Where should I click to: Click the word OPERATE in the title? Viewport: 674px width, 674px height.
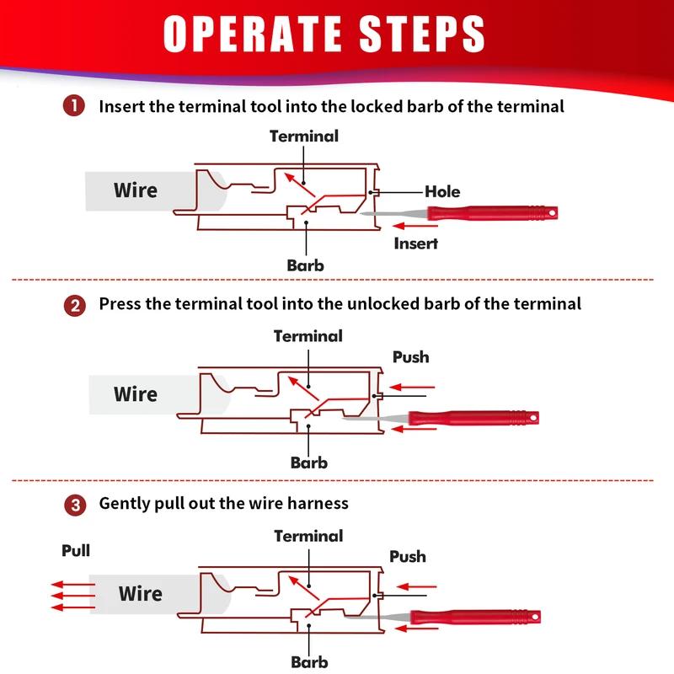(259, 35)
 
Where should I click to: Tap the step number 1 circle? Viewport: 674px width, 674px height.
(75, 107)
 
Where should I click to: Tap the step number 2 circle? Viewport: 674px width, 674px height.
(75, 305)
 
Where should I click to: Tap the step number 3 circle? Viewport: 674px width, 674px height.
(75, 505)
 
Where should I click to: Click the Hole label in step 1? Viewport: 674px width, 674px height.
(442, 192)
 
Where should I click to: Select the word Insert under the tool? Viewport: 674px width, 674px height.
(416, 243)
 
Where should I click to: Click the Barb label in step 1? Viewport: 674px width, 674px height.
(305, 265)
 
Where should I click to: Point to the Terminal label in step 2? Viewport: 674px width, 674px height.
(308, 336)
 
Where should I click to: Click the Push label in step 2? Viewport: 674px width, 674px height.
(410, 357)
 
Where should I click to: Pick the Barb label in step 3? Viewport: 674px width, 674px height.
(309, 662)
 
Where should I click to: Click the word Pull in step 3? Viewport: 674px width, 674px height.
(76, 552)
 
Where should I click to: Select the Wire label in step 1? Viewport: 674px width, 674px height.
(136, 190)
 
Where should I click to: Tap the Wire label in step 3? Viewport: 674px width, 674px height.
(140, 594)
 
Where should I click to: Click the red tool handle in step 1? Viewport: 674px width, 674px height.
(492, 214)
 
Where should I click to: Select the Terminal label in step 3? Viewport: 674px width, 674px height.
(308, 536)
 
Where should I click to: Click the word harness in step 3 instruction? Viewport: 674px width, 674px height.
(316, 504)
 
